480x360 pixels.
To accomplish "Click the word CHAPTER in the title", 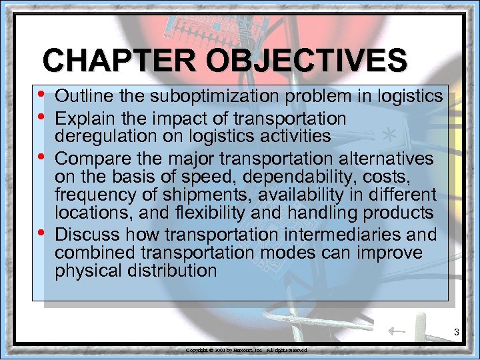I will (119, 61).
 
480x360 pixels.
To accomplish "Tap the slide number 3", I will (457, 331).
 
